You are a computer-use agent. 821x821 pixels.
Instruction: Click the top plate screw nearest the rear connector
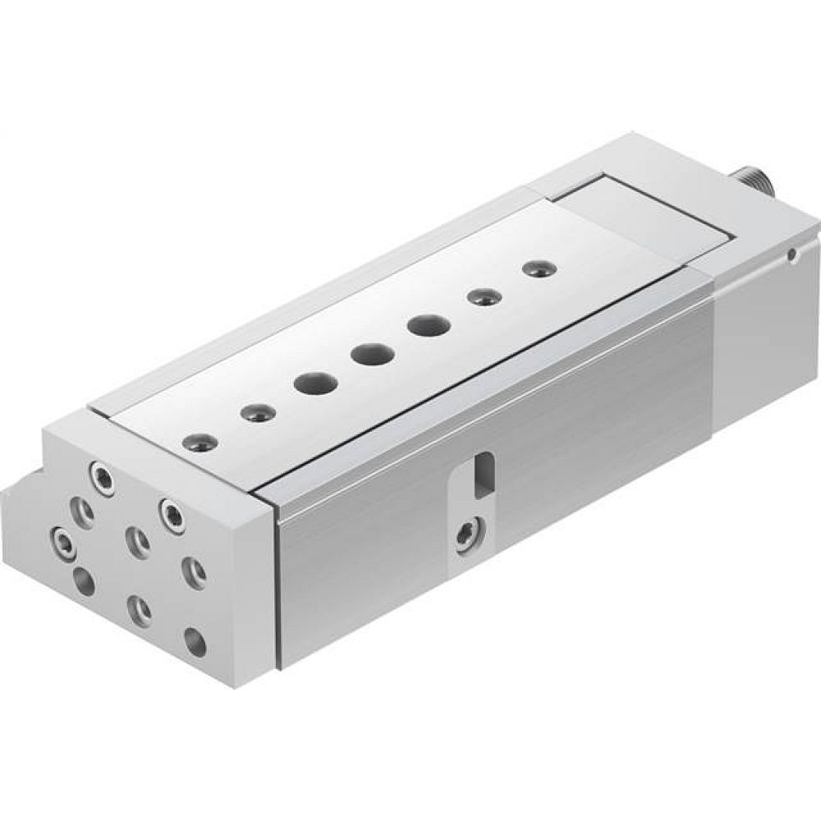(x=536, y=268)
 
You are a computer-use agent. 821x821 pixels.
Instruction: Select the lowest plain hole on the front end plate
(x=195, y=640)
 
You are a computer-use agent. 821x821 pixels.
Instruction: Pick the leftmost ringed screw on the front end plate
(x=62, y=540)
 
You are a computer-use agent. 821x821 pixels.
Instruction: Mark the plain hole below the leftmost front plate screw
(x=83, y=581)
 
